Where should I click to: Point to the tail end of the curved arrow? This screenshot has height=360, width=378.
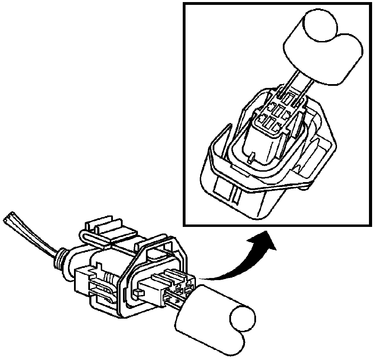pyautogui.click(x=205, y=278)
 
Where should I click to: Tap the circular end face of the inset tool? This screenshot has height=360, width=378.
pyautogui.click(x=320, y=25)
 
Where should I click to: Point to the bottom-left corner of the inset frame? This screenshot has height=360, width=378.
pyautogui.click(x=184, y=225)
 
